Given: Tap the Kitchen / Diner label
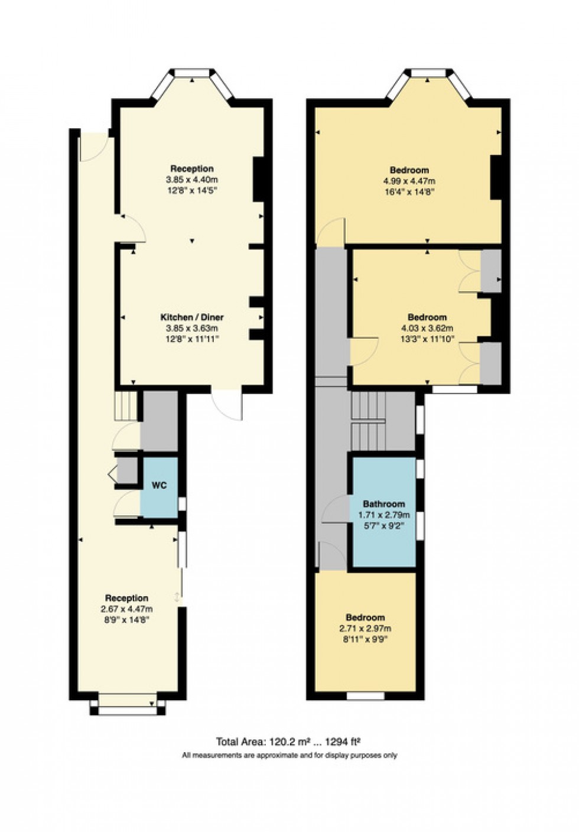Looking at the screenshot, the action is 191,317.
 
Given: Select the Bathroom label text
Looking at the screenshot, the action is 383,504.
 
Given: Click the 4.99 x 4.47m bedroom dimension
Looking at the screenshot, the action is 409,181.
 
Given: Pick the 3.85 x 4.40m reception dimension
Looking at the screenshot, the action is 191,180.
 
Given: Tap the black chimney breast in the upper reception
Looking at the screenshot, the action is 258,180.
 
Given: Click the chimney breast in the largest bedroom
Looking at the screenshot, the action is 496,177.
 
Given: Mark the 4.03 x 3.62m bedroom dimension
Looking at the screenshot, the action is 427,329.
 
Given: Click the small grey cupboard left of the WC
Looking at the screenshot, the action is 126,470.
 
